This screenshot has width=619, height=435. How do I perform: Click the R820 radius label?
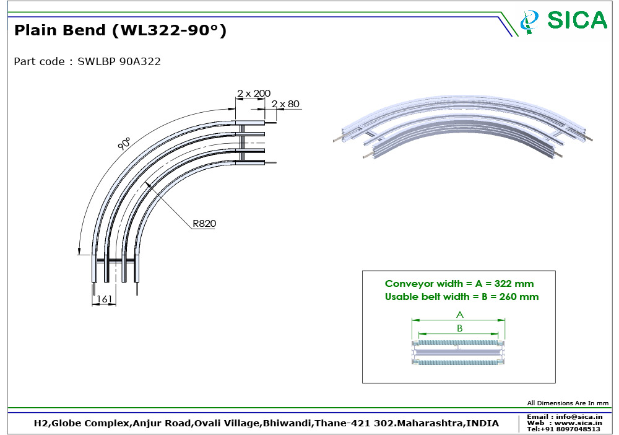coord(204,224)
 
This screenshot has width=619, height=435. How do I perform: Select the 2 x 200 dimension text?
coord(253,93)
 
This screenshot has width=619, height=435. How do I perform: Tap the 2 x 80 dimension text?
coord(285,104)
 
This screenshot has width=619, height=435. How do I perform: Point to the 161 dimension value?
coord(105,299)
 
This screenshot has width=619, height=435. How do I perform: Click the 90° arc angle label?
coord(124,144)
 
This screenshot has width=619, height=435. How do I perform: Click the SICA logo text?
coord(577,20)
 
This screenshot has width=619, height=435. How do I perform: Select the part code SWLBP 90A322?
coord(119,61)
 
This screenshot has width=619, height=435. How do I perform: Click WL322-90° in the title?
coord(170,30)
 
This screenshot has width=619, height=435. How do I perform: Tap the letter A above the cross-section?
coord(459,315)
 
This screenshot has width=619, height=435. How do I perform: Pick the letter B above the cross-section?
coord(459,328)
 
